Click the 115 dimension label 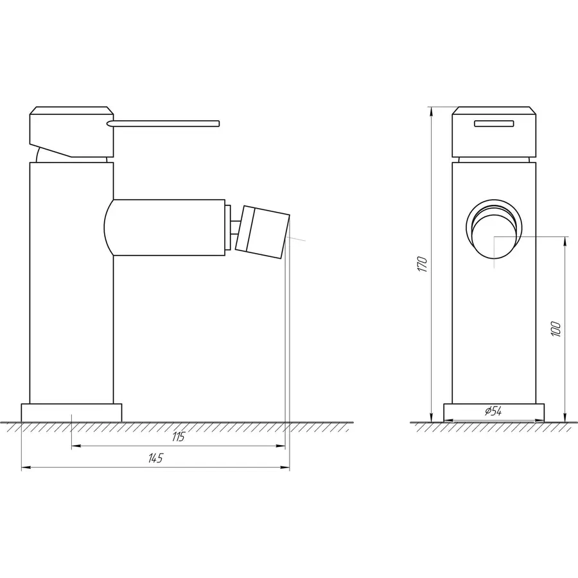pyautogui.click(x=179, y=437)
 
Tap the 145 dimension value pyautogui.click(x=156, y=458)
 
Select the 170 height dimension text pyautogui.click(x=421, y=264)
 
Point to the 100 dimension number pyautogui.click(x=556, y=328)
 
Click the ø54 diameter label pyautogui.click(x=493, y=411)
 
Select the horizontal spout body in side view pyautogui.click(x=167, y=227)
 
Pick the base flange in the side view pyautogui.click(x=71, y=412)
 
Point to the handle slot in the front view pyautogui.click(x=494, y=124)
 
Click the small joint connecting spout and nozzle pyautogui.click(x=236, y=228)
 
